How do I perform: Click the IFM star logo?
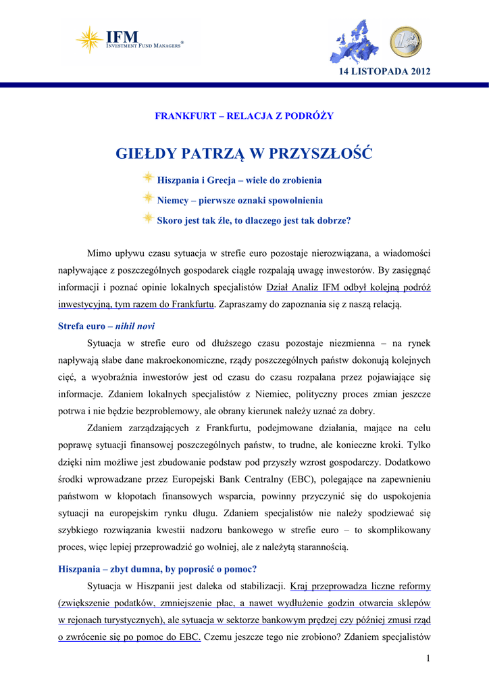(89, 39)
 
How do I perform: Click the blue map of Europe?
(358, 41)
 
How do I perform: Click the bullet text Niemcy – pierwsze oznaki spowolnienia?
(240, 201)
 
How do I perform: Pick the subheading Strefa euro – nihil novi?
(107, 326)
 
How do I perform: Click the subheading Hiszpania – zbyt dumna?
(158, 568)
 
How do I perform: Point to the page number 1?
(428, 659)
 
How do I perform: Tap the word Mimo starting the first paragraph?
(99, 253)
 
